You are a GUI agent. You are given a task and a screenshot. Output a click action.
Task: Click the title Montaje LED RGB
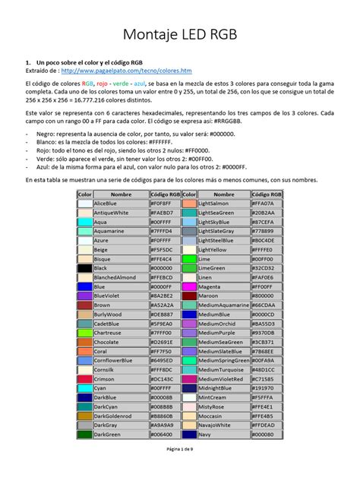(x=180, y=34)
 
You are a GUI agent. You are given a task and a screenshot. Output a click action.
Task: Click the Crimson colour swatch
(x=84, y=378)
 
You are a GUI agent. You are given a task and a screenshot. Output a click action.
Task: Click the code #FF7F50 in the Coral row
(x=165, y=352)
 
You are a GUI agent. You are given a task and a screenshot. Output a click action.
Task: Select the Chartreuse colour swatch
(x=84, y=333)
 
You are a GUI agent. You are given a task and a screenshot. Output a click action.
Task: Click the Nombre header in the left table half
(x=121, y=194)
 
